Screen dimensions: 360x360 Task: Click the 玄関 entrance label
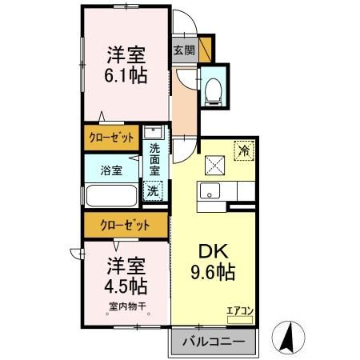(183, 50)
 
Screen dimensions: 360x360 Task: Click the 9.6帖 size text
(212, 272)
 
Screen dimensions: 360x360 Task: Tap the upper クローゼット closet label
(111, 138)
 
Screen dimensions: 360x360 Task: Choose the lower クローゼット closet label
(126, 225)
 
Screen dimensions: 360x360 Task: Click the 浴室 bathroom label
(111, 170)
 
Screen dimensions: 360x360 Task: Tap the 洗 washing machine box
(153, 191)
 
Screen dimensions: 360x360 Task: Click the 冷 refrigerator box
(242, 150)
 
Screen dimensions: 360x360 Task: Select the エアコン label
(239, 310)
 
